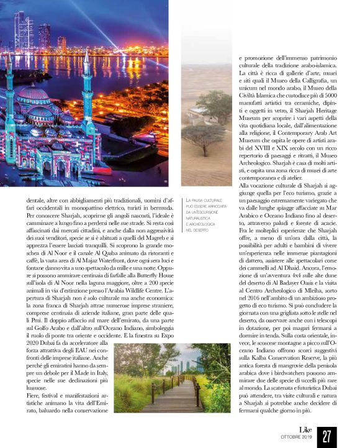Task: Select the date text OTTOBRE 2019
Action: pyautogui.click(x=299, y=440)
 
